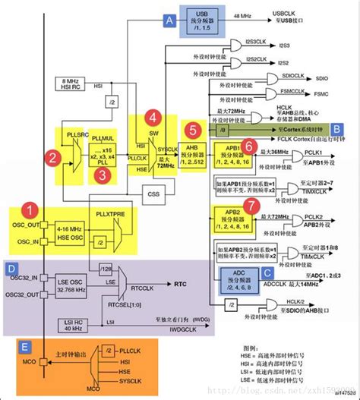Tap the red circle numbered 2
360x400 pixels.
pos(52,157)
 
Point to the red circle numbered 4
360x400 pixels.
pos(153,118)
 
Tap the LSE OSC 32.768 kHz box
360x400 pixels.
pos(69,287)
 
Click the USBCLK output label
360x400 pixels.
pos(284,14)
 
